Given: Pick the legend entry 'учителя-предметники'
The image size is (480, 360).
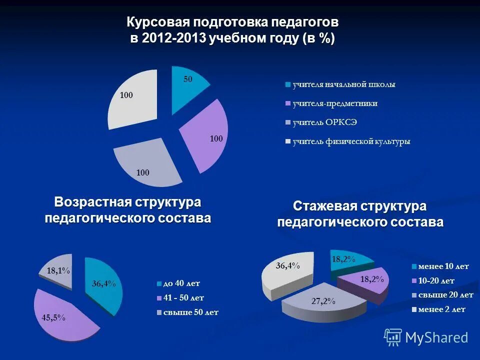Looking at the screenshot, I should [335, 103].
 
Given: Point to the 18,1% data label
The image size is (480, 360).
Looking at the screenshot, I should [58, 270].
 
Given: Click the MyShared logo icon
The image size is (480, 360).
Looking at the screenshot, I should [393, 337].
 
